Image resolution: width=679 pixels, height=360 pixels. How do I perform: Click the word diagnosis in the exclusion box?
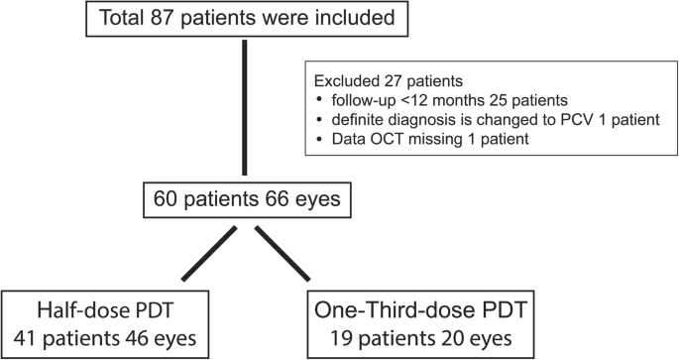coord(414,119)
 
